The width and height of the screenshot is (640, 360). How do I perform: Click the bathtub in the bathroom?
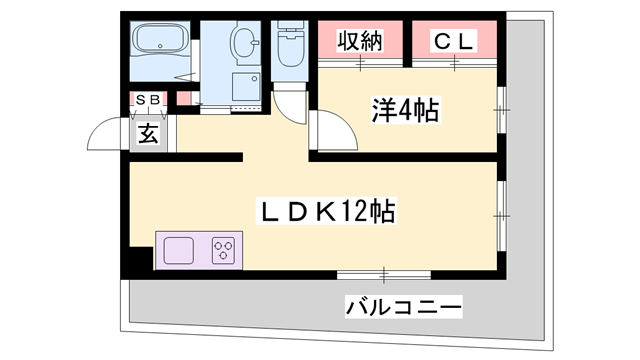160,38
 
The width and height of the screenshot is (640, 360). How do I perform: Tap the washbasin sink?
245,42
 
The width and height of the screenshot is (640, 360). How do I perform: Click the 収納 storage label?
360,40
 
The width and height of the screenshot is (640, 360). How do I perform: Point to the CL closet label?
454,40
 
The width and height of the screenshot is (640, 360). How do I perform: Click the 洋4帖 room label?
405,110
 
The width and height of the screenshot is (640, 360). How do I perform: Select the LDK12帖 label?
327,211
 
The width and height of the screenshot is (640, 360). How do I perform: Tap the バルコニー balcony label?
403,306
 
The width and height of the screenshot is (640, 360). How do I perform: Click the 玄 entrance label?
148,134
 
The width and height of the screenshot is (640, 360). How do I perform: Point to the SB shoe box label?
148,100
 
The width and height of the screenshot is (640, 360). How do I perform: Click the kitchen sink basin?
178,250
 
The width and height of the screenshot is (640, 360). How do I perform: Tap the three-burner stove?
223,250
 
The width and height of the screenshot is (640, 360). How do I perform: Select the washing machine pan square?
246,86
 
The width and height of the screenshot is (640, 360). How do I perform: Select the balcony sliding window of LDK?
384,275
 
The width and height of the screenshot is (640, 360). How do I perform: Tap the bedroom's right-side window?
502,110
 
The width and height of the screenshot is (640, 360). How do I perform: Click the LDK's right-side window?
502,216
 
